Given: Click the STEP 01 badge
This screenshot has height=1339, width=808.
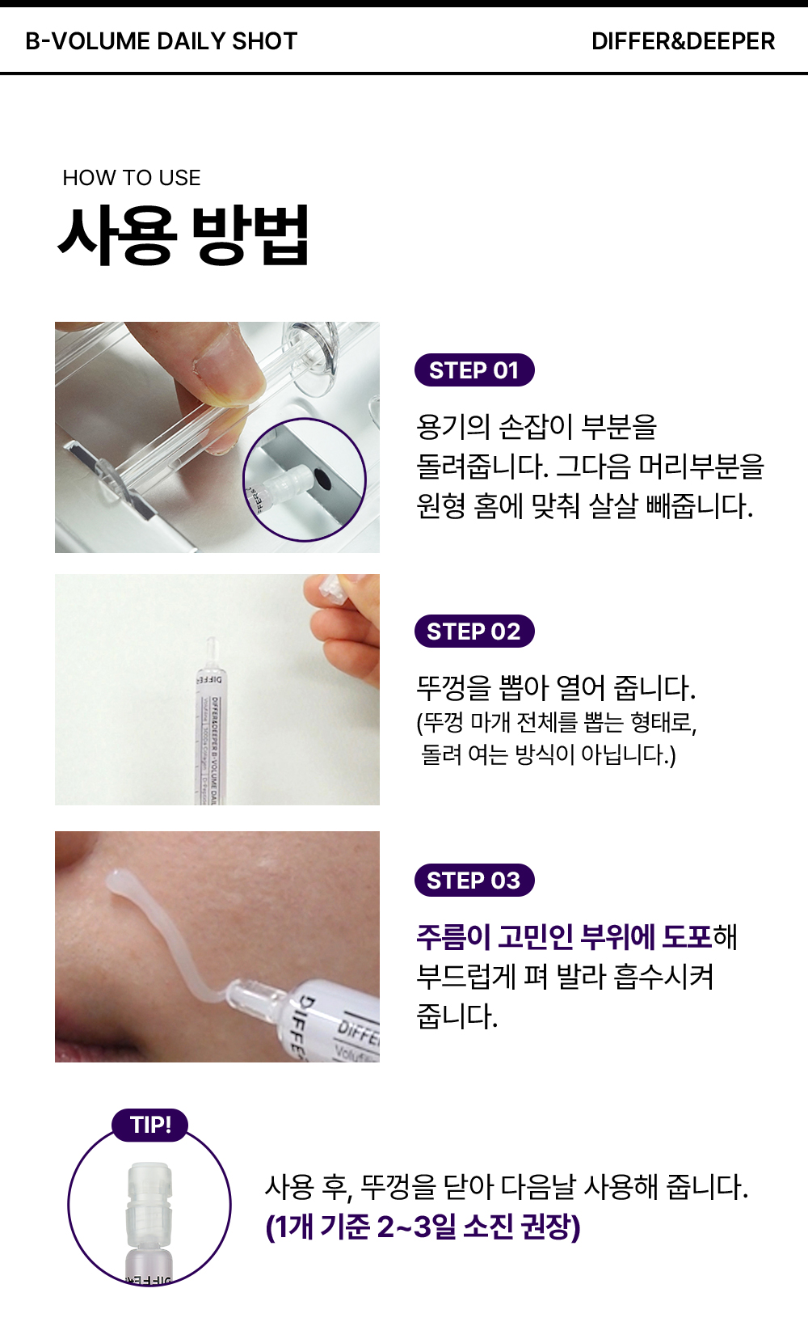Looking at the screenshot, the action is coord(474,370).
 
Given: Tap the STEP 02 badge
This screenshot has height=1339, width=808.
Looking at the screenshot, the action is coord(474,631).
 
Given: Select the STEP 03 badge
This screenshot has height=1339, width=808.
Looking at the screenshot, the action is coord(474,881).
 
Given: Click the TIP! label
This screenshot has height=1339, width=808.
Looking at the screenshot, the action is coord(150,1125).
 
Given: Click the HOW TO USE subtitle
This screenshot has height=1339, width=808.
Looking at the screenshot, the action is coord(132,178).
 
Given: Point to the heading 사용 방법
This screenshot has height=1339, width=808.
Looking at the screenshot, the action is coord(183,235).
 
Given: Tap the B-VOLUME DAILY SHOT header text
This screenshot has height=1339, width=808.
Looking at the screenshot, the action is coord(162,41).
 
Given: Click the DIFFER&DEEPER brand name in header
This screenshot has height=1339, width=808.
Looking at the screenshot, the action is coord(684,41).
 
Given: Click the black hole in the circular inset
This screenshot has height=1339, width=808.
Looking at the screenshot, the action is coord(322,479).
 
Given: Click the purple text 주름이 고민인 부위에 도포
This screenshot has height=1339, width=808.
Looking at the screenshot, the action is coord(564,936).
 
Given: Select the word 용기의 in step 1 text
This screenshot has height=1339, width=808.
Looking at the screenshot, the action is coord(452,427).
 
